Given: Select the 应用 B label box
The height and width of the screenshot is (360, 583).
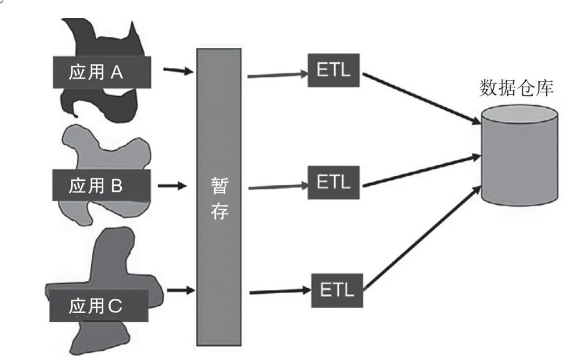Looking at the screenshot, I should coord(102,185).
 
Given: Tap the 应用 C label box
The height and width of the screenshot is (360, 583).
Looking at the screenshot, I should coord(99,305).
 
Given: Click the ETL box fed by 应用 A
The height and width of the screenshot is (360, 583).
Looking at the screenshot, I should coord(334,71).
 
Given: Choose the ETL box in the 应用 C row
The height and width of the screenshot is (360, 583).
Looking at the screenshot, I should coord(337,289).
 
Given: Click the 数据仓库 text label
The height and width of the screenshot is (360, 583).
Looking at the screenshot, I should coord(516,88).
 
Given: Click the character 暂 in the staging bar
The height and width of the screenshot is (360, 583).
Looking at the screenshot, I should coord(220,186).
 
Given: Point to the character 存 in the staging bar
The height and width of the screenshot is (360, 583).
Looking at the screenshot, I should coord(220,212).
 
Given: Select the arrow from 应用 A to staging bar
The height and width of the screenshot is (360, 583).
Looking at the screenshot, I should coord(178,71).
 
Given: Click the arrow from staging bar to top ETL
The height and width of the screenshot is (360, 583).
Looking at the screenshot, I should coord(276,74).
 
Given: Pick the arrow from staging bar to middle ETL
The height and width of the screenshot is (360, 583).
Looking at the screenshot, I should coord(276,186).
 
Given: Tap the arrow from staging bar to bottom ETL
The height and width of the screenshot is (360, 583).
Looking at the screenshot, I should coord(279,290).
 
